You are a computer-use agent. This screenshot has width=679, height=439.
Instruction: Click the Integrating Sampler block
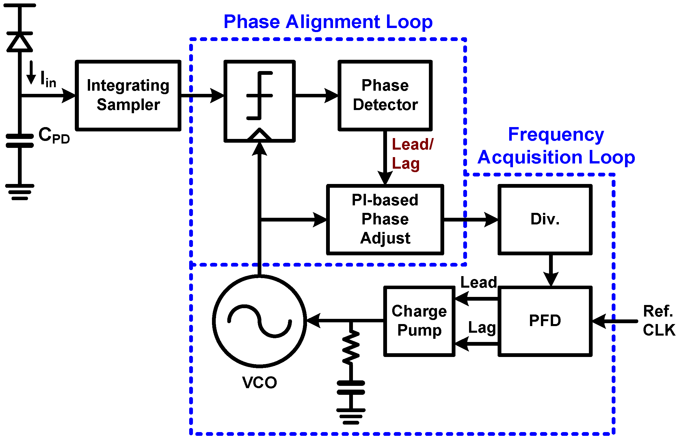point(128,95)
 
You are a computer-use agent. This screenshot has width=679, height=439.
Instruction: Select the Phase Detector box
point(385,95)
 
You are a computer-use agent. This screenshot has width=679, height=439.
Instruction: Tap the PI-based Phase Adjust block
point(385,219)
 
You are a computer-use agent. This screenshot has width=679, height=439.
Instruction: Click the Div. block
point(545,219)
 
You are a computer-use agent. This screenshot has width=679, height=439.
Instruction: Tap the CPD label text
point(54,135)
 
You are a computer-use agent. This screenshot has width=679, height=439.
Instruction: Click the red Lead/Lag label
point(412,154)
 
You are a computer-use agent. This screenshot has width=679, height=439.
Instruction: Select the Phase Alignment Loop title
point(328,22)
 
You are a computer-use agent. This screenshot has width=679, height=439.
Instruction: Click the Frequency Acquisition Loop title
point(556,146)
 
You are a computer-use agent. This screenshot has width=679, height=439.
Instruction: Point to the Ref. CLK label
point(658,321)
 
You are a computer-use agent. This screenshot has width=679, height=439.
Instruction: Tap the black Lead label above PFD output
point(479,282)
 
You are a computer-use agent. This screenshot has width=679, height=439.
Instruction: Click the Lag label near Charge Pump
point(482,328)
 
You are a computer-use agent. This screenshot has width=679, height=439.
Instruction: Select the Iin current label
point(48,79)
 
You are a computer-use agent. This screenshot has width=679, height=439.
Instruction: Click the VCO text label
point(259,383)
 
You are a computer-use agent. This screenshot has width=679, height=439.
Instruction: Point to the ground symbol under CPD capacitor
point(20,192)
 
